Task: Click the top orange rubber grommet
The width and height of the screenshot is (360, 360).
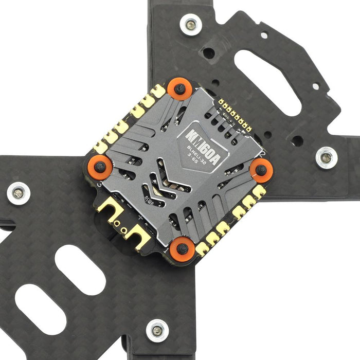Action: [x=179, y=89]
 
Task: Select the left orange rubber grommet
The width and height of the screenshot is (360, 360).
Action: [x=101, y=167]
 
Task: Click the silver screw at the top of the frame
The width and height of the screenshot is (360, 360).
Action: [x=191, y=24]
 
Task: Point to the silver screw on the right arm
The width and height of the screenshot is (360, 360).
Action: [x=326, y=157]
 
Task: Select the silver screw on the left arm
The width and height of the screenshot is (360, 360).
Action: [x=18, y=193]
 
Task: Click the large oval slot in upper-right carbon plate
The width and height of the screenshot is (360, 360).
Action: [x=267, y=82]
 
